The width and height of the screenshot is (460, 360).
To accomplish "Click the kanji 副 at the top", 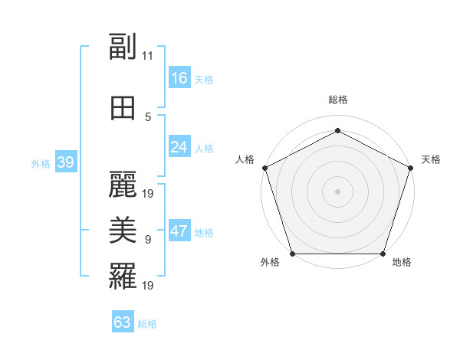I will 123,47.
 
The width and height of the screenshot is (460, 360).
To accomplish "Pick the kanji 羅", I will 123,277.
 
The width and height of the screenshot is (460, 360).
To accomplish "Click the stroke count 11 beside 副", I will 148,55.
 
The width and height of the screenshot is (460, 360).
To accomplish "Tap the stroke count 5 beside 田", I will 148,116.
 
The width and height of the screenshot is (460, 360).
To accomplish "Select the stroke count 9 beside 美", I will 148,239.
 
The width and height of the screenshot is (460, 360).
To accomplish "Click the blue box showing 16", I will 179,78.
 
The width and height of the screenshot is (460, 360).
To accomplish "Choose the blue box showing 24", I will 179,147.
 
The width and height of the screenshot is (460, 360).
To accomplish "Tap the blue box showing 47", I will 179,231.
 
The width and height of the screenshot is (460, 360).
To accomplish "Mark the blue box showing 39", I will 66,162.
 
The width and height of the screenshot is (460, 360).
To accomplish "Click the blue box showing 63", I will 123,322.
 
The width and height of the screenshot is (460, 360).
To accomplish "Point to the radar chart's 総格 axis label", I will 337,100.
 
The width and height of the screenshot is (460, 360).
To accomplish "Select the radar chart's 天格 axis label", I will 431,159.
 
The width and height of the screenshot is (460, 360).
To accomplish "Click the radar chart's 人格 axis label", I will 245,159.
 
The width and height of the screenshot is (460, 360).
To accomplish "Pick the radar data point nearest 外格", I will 292,254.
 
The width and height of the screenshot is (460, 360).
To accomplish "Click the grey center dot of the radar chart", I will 337,191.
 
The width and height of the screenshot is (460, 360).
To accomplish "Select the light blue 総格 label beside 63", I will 147,324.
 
